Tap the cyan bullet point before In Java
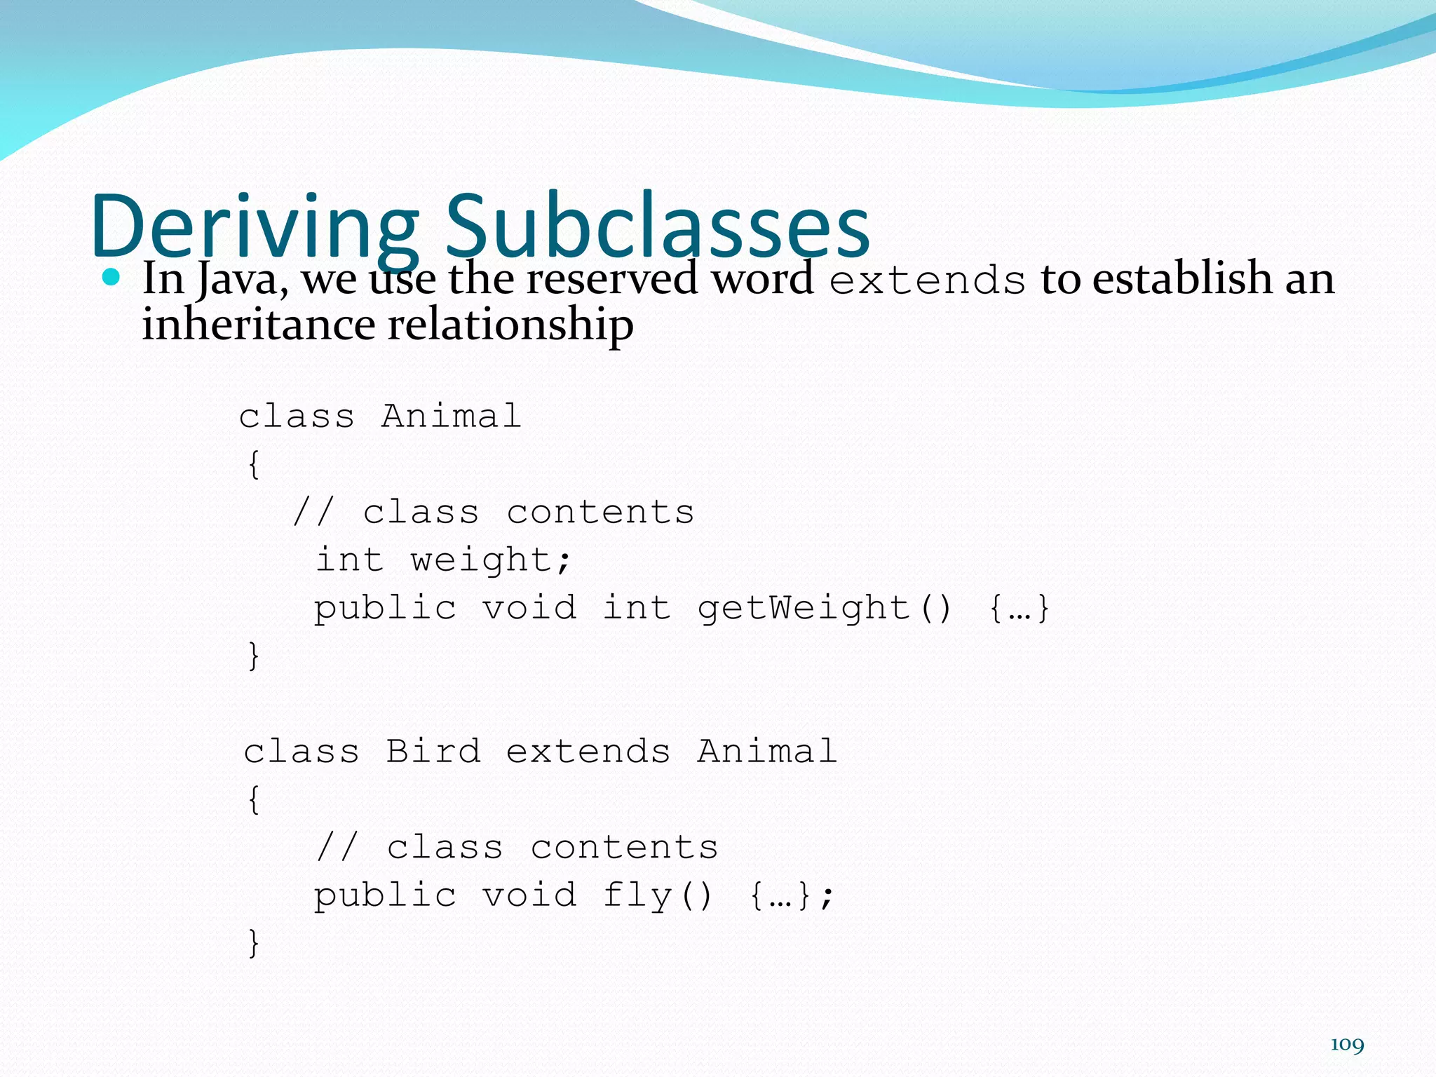tap(111, 277)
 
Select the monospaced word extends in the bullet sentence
tap(927, 280)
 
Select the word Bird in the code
tap(433, 752)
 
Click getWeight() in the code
tap(824, 607)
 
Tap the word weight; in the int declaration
tap(491, 560)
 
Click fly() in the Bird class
tap(657, 895)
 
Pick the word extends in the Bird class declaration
tap(588, 752)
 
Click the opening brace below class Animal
tap(254, 464)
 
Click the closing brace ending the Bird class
tap(254, 942)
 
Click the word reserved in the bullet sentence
tap(611, 278)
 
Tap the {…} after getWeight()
tap(1019, 607)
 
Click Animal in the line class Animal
tap(451, 416)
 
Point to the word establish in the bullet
tap(1181, 278)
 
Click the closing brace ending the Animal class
tap(254, 656)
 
